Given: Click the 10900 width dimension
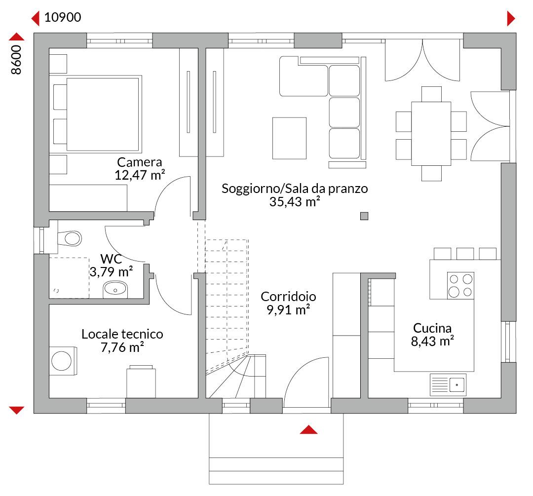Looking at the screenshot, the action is [x=63, y=17].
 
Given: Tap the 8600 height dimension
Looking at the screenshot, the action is [x=16, y=60].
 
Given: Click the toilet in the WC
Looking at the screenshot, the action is [x=70, y=238].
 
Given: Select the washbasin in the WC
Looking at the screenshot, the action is [x=115, y=289].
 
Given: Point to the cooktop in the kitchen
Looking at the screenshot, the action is [x=460, y=286].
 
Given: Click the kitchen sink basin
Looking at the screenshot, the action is [x=457, y=385].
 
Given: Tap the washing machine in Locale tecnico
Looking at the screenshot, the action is [x=63, y=361].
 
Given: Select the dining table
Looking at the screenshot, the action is [x=431, y=134].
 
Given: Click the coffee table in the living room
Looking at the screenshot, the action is [x=289, y=138].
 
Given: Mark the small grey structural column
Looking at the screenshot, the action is [x=364, y=216].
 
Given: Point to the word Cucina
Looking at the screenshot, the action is [x=432, y=328].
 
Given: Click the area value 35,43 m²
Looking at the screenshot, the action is [x=295, y=201].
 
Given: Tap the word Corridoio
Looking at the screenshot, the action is [x=288, y=297].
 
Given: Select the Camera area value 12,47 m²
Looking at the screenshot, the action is [x=140, y=175].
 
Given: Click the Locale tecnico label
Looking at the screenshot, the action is [x=122, y=334].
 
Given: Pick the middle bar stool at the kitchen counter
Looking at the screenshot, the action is [x=465, y=254].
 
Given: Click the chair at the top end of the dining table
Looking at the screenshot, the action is [x=431, y=94].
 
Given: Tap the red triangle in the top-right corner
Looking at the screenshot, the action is [x=511, y=18].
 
